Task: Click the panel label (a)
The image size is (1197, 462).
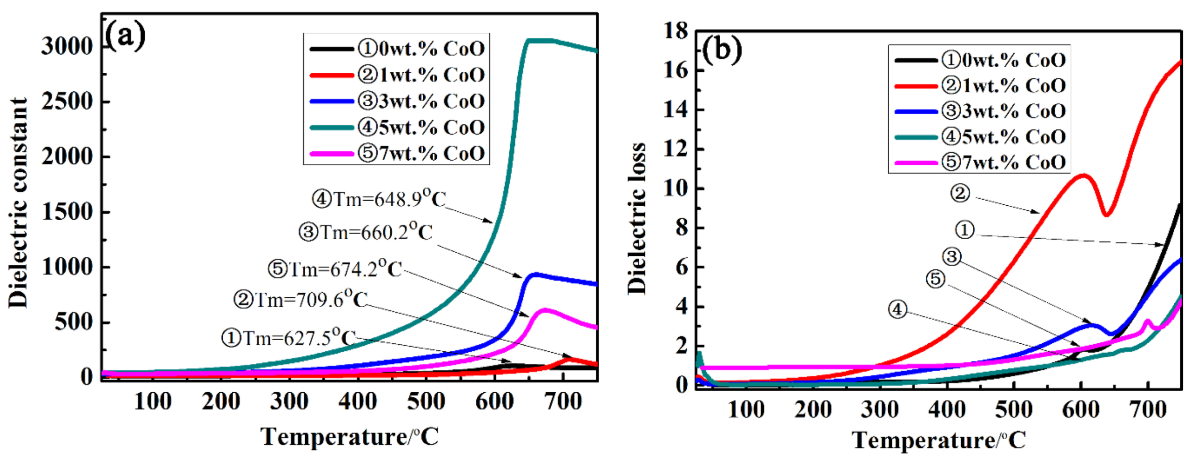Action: pyautogui.click(x=125, y=36)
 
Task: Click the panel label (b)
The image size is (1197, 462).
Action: pyautogui.click(x=722, y=50)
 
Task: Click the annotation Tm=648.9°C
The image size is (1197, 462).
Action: pyautogui.click(x=379, y=199)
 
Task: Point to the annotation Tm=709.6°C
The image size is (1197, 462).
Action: pyautogui.click(x=301, y=300)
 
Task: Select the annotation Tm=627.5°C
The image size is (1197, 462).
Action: pyautogui.click(x=289, y=338)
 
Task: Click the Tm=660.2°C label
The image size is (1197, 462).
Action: pyautogui.click(x=366, y=233)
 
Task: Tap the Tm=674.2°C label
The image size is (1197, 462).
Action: pyautogui.click(x=335, y=269)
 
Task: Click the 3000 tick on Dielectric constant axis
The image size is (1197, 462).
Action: pyautogui.click(x=67, y=47)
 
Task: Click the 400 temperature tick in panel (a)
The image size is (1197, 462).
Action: pyautogui.click(x=357, y=402)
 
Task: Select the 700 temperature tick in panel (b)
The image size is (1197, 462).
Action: pyautogui.click(x=1148, y=409)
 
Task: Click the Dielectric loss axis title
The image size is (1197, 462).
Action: pyautogui.click(x=637, y=218)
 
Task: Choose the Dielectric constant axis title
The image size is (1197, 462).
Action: pyautogui.click(x=18, y=202)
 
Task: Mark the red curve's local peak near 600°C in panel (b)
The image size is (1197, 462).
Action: pyautogui.click(x=1083, y=175)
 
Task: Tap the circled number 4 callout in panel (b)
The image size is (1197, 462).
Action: pyautogui.click(x=897, y=309)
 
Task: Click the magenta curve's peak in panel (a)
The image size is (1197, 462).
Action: pyautogui.click(x=544, y=309)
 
